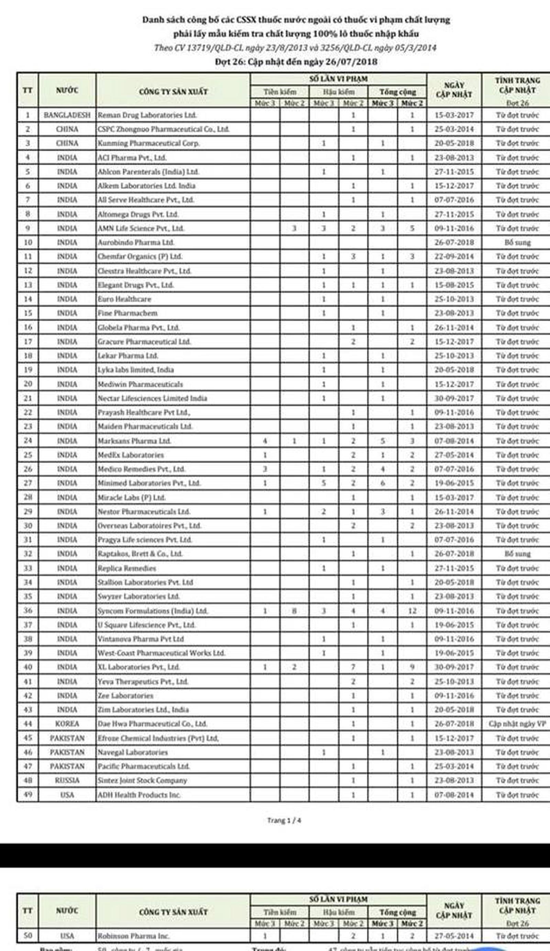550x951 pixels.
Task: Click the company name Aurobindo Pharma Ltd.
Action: tap(136, 242)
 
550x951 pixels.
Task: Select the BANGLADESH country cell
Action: tap(67, 115)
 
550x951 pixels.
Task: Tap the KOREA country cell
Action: tap(67, 724)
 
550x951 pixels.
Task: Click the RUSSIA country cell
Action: tap(67, 781)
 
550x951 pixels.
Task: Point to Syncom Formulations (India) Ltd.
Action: tap(153, 611)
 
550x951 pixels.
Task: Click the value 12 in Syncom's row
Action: tap(412, 611)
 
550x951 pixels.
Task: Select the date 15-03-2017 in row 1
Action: tap(454, 115)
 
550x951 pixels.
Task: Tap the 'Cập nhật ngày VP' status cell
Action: tap(517, 724)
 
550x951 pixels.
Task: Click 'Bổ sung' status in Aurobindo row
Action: tap(517, 242)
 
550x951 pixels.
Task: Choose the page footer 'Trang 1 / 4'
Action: tap(284, 820)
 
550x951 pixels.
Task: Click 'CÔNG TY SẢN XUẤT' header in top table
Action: tap(173, 91)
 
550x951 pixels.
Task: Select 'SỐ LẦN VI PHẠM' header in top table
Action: tap(338, 79)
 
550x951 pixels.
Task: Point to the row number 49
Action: tap(27, 794)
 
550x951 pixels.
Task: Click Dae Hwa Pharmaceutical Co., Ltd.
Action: tap(152, 724)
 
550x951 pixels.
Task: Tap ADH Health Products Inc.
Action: tap(139, 795)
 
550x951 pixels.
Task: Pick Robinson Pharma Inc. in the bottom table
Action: tap(134, 936)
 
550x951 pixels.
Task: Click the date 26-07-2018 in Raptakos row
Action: tap(454, 554)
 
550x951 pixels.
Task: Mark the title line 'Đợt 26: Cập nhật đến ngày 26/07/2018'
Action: tap(296, 62)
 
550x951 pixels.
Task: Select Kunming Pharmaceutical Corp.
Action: tap(148, 143)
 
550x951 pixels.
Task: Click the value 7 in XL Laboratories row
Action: tap(353, 667)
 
